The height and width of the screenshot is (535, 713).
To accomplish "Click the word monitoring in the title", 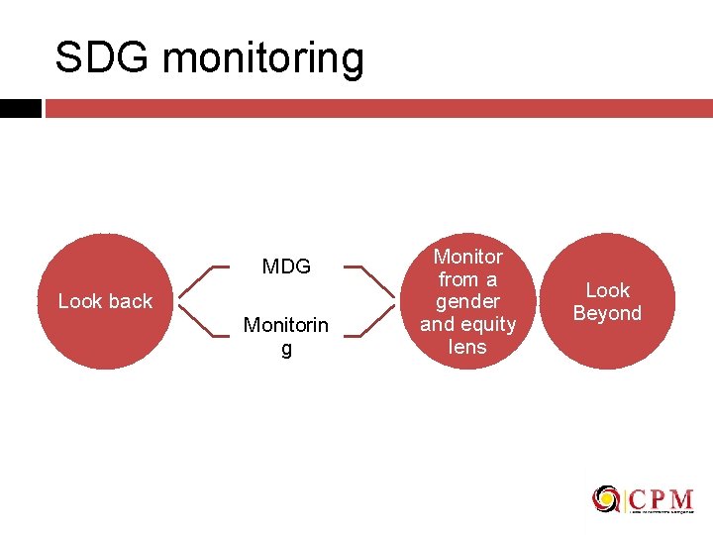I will [263, 60].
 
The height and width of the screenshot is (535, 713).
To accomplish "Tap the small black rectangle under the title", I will [20, 108].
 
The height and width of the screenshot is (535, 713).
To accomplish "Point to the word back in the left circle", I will [130, 301].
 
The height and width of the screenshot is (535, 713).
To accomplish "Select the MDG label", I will [286, 267].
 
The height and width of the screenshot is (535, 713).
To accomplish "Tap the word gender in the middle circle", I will [467, 301].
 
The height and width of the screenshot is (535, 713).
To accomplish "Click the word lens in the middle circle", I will [467, 346].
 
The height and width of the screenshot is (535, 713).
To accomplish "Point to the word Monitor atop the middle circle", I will [467, 257].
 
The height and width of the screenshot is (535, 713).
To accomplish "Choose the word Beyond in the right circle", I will [607, 314].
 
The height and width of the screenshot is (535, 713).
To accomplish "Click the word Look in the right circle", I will [607, 290].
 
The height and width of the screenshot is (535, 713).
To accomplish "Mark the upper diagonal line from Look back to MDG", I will [198, 283].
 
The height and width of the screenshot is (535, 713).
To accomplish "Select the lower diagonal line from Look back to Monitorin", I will [198, 319].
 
